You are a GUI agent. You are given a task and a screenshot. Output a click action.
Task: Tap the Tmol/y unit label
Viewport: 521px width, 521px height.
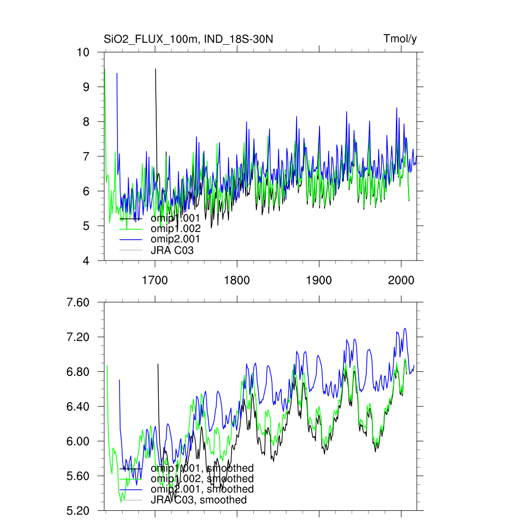tap(400, 39)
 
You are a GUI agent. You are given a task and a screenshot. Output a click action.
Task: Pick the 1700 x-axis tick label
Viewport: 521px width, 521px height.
tap(155, 280)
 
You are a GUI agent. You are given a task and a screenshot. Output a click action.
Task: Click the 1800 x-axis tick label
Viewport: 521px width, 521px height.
tap(237, 280)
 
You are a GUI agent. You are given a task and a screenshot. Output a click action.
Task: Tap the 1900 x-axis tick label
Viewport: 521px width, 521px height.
tap(319, 280)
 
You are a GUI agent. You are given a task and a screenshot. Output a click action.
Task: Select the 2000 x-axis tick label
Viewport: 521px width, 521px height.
tap(401, 280)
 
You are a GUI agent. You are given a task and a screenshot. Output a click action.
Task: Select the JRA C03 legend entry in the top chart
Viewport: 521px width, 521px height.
tap(172, 250)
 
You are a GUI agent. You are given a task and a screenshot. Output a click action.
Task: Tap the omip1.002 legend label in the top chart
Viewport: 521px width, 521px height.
tap(175, 228)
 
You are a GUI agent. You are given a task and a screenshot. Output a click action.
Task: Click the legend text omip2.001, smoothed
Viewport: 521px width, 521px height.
tap(202, 489)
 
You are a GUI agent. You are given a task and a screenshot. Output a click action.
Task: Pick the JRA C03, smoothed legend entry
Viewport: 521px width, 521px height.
tap(198, 500)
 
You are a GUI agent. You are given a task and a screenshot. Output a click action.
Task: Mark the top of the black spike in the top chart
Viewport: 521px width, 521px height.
tap(156, 69)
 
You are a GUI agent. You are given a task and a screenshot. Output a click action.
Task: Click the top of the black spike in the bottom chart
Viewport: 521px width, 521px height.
tap(158, 364)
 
